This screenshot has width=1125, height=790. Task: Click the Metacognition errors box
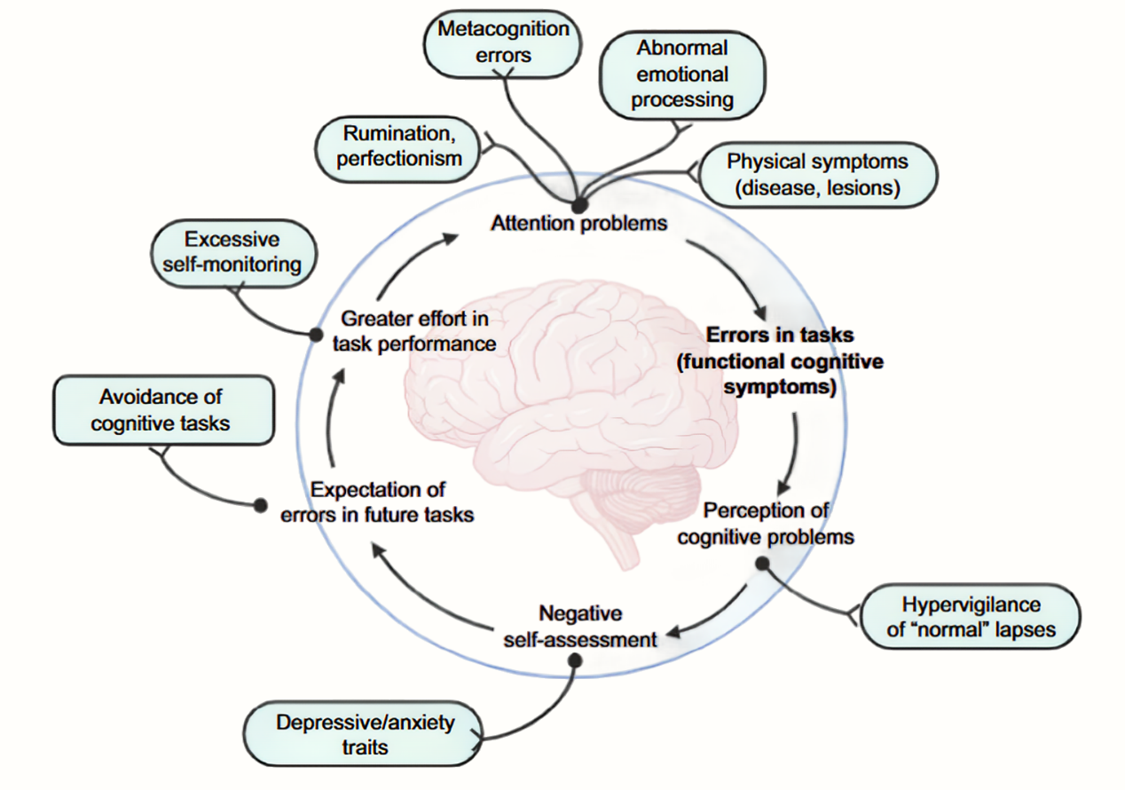502,43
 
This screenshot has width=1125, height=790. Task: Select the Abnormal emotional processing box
682,75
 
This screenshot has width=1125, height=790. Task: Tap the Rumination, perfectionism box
397,149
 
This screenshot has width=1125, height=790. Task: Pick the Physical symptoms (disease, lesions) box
818,175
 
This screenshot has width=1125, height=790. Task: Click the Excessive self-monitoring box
233,253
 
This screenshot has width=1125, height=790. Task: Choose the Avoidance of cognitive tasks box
164,410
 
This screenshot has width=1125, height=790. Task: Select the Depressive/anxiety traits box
364,734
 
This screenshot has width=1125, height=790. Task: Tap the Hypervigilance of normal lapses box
971,617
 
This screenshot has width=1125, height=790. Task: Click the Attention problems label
579,223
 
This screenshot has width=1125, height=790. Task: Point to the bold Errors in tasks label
780,361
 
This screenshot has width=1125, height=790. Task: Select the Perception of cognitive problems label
766,524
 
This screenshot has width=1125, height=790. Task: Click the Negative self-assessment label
580,626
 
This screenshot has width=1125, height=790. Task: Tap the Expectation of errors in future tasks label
377,502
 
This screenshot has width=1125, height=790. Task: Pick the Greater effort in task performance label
414,331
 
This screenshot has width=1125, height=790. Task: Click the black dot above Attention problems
579,205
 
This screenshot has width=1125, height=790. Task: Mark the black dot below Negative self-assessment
575,660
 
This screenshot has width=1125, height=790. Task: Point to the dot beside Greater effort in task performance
315,334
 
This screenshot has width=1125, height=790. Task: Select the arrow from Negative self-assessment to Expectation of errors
423,595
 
